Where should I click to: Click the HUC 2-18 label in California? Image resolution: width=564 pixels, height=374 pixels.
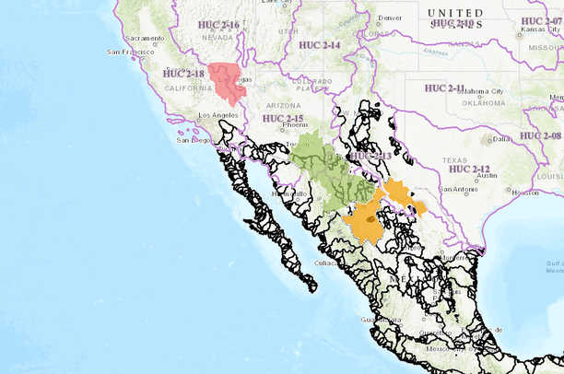182,73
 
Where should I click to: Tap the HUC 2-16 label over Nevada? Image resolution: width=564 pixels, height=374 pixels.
219,25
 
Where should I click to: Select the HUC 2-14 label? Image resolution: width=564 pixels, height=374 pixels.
319,44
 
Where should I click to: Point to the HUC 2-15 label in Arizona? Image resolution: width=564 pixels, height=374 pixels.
283,119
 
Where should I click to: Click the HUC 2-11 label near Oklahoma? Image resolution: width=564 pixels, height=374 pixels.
446,88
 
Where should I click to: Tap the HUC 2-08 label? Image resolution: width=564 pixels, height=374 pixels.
541,135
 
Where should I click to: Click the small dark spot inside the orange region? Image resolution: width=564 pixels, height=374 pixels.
370,220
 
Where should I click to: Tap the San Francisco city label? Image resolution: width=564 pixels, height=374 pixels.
127,53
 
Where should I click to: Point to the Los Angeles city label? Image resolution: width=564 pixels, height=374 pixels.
217,115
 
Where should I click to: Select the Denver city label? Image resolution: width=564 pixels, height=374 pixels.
390,18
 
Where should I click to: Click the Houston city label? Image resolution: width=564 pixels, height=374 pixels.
525,193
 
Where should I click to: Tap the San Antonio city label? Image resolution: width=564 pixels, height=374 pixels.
458,190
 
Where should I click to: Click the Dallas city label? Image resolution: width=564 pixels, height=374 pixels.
501,139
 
